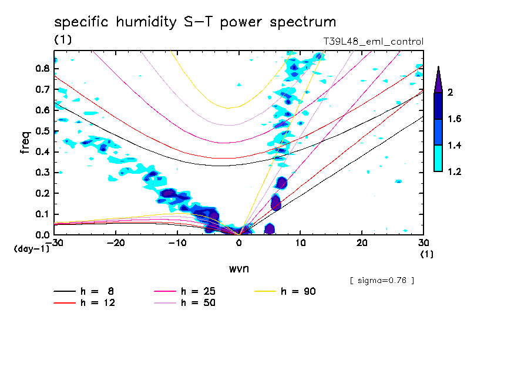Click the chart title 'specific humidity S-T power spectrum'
click(x=195, y=22)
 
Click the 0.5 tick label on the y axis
click(x=41, y=131)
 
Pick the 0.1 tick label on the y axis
click(x=41, y=214)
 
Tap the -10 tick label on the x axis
click(x=177, y=242)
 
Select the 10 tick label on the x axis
click(x=300, y=242)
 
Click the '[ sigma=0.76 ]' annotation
click(x=382, y=280)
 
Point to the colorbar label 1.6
click(x=455, y=119)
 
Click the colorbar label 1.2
click(x=455, y=171)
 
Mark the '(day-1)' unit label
click(x=31, y=249)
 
